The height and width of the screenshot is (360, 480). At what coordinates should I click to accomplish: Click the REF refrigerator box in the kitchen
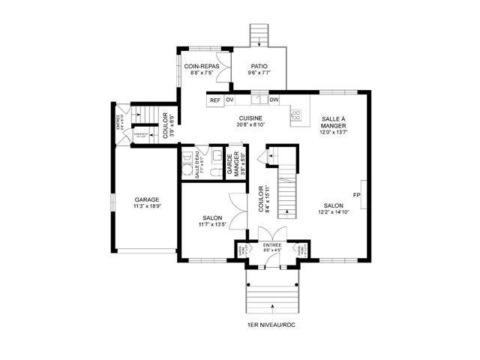[x=215, y=100]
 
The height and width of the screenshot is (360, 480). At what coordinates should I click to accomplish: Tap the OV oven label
[x=230, y=100]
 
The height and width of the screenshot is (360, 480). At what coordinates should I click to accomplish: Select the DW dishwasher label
[x=274, y=100]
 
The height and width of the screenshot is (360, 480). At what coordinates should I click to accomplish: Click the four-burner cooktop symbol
[x=295, y=115]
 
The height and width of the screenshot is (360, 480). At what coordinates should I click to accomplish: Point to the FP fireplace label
[x=357, y=196]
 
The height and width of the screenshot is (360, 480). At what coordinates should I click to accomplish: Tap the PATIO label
[x=259, y=66]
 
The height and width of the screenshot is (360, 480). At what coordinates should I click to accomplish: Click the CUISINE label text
[x=250, y=118]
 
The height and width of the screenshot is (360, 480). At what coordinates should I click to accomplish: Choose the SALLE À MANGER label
[x=334, y=122]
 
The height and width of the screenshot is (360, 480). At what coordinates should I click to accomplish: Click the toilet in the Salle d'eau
[x=214, y=172]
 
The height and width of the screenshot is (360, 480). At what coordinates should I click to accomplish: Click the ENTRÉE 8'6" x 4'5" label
[x=271, y=247]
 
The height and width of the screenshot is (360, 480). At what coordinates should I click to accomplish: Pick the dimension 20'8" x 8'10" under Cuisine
[x=250, y=125]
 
